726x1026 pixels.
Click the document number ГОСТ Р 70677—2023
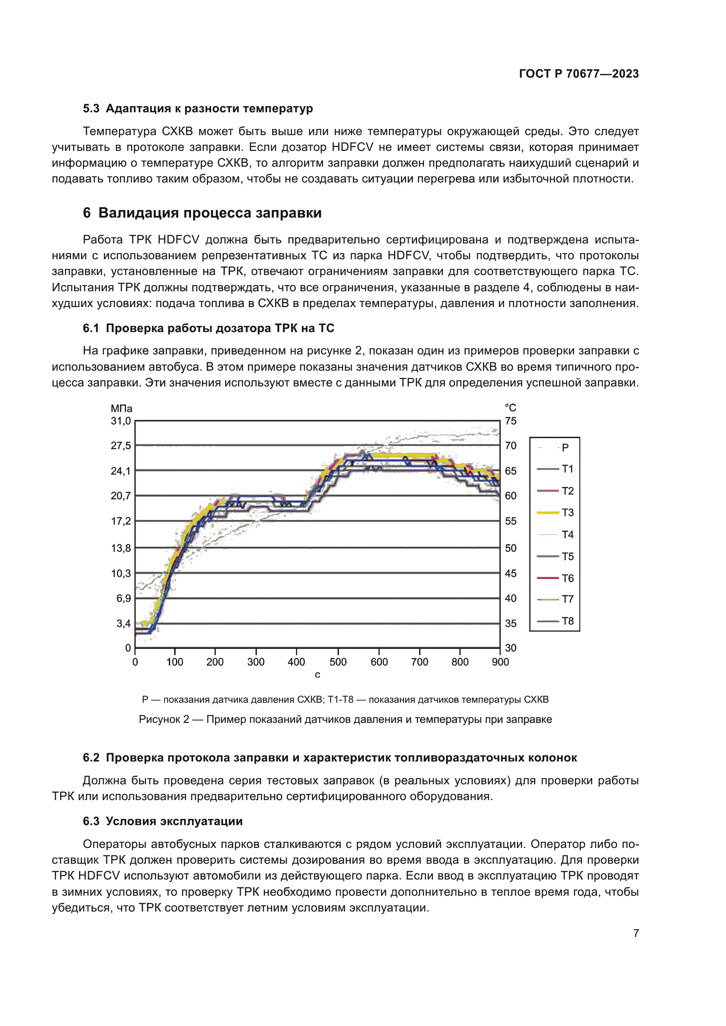tap(579, 74)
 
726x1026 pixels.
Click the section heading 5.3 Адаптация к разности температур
tap(198, 109)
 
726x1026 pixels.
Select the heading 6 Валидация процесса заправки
tap(202, 213)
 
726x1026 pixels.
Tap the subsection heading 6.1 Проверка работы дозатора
tap(208, 328)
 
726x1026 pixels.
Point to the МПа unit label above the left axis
tap(121, 408)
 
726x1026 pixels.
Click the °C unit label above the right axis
tap(510, 408)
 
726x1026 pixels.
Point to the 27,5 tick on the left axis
tap(121, 446)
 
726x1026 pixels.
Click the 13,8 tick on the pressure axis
tap(121, 548)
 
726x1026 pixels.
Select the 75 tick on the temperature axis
tap(510, 421)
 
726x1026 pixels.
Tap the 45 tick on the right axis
tap(510, 573)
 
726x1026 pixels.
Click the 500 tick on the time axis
tap(338, 662)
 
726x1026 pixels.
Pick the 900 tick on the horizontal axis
tap(500, 662)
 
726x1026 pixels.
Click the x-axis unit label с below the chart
tap(317, 675)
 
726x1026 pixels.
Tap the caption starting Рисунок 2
tap(345, 719)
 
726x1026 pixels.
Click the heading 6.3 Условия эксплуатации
tap(163, 821)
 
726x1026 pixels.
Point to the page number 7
tap(636, 933)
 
